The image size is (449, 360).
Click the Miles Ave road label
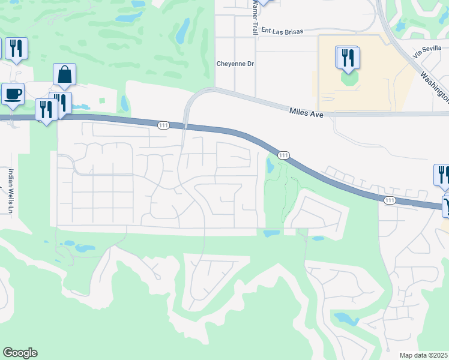(306, 111)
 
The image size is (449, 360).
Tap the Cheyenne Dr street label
(232, 64)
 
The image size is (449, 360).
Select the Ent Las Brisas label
(283, 30)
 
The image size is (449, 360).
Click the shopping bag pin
(64, 74)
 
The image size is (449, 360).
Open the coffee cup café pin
(13, 94)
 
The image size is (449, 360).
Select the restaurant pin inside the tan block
(348, 58)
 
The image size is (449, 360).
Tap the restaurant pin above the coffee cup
(16, 49)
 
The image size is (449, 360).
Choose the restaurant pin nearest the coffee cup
(45, 109)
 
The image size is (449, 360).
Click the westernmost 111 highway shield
(164, 125)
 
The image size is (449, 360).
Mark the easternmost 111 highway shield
(390, 200)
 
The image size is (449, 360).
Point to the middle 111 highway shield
(284, 155)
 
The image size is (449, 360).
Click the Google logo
(20, 353)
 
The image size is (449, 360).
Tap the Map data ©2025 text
(424, 355)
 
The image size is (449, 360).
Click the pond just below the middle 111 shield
(270, 167)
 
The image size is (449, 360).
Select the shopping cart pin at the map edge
(447, 207)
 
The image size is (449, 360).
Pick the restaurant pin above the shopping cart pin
(442, 175)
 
